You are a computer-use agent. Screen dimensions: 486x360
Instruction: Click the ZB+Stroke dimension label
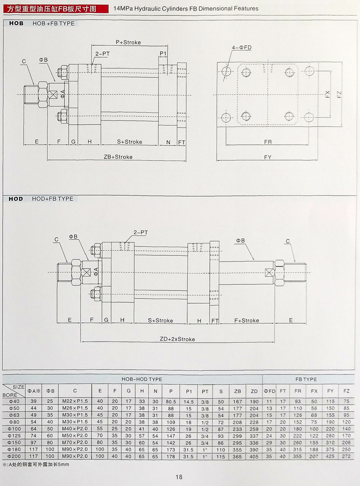(118, 157)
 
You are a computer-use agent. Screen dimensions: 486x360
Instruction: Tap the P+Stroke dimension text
(128, 42)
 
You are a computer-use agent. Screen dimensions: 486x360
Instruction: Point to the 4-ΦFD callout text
(242, 47)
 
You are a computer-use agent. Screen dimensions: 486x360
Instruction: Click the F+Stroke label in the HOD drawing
(247, 320)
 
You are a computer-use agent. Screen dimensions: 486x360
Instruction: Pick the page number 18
(179, 477)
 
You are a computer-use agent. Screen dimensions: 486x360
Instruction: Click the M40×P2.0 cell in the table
(75, 429)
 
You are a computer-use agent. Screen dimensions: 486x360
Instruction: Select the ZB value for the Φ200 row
(237, 456)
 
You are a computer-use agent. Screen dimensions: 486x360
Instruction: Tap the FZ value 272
(346, 456)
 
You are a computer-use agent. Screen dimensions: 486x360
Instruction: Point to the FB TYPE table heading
(306, 379)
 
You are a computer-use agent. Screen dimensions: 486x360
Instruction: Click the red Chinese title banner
(54, 8)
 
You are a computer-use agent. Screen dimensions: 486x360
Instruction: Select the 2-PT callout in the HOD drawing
(140, 233)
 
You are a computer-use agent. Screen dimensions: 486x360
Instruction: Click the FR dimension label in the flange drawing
(268, 142)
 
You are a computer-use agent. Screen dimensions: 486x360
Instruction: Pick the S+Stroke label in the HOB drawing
(130, 142)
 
